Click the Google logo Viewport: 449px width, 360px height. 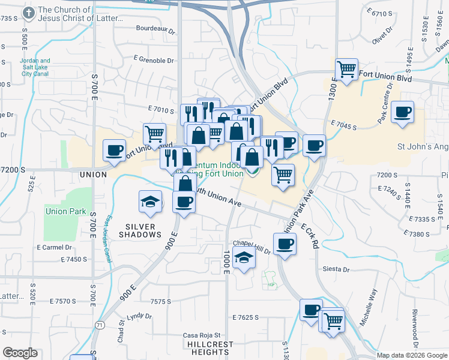[20, 353]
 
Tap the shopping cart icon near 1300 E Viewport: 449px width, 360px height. [346, 70]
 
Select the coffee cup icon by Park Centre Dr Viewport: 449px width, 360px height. [402, 111]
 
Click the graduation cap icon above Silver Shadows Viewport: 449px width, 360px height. [150, 201]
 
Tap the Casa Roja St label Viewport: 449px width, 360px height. [201, 335]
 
